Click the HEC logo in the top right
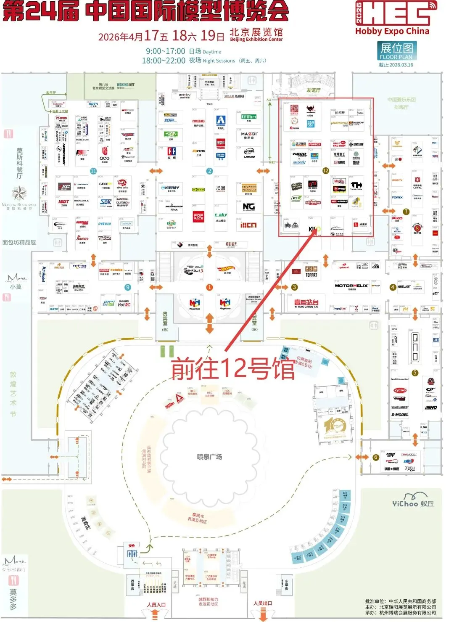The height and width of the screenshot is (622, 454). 396,13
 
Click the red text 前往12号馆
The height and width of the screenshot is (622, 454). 232,369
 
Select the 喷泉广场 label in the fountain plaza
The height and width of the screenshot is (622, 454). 209,457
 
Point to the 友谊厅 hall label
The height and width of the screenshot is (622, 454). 313,90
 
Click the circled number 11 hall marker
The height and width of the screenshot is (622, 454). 93,171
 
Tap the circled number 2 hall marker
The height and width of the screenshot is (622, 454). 209,171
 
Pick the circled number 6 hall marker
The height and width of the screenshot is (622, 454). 376,457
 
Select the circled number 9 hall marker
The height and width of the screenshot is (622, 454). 128,287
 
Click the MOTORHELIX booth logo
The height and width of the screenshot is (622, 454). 351,286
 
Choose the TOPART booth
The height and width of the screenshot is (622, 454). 311,271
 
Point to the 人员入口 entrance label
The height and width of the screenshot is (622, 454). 156,605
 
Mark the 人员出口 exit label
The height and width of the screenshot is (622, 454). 263,603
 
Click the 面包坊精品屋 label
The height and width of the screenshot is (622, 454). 19,243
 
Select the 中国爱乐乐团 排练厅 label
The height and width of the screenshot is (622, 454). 401,103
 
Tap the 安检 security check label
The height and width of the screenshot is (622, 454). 132,546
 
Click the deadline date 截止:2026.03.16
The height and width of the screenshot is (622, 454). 396,65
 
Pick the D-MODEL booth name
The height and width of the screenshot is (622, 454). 399,415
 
